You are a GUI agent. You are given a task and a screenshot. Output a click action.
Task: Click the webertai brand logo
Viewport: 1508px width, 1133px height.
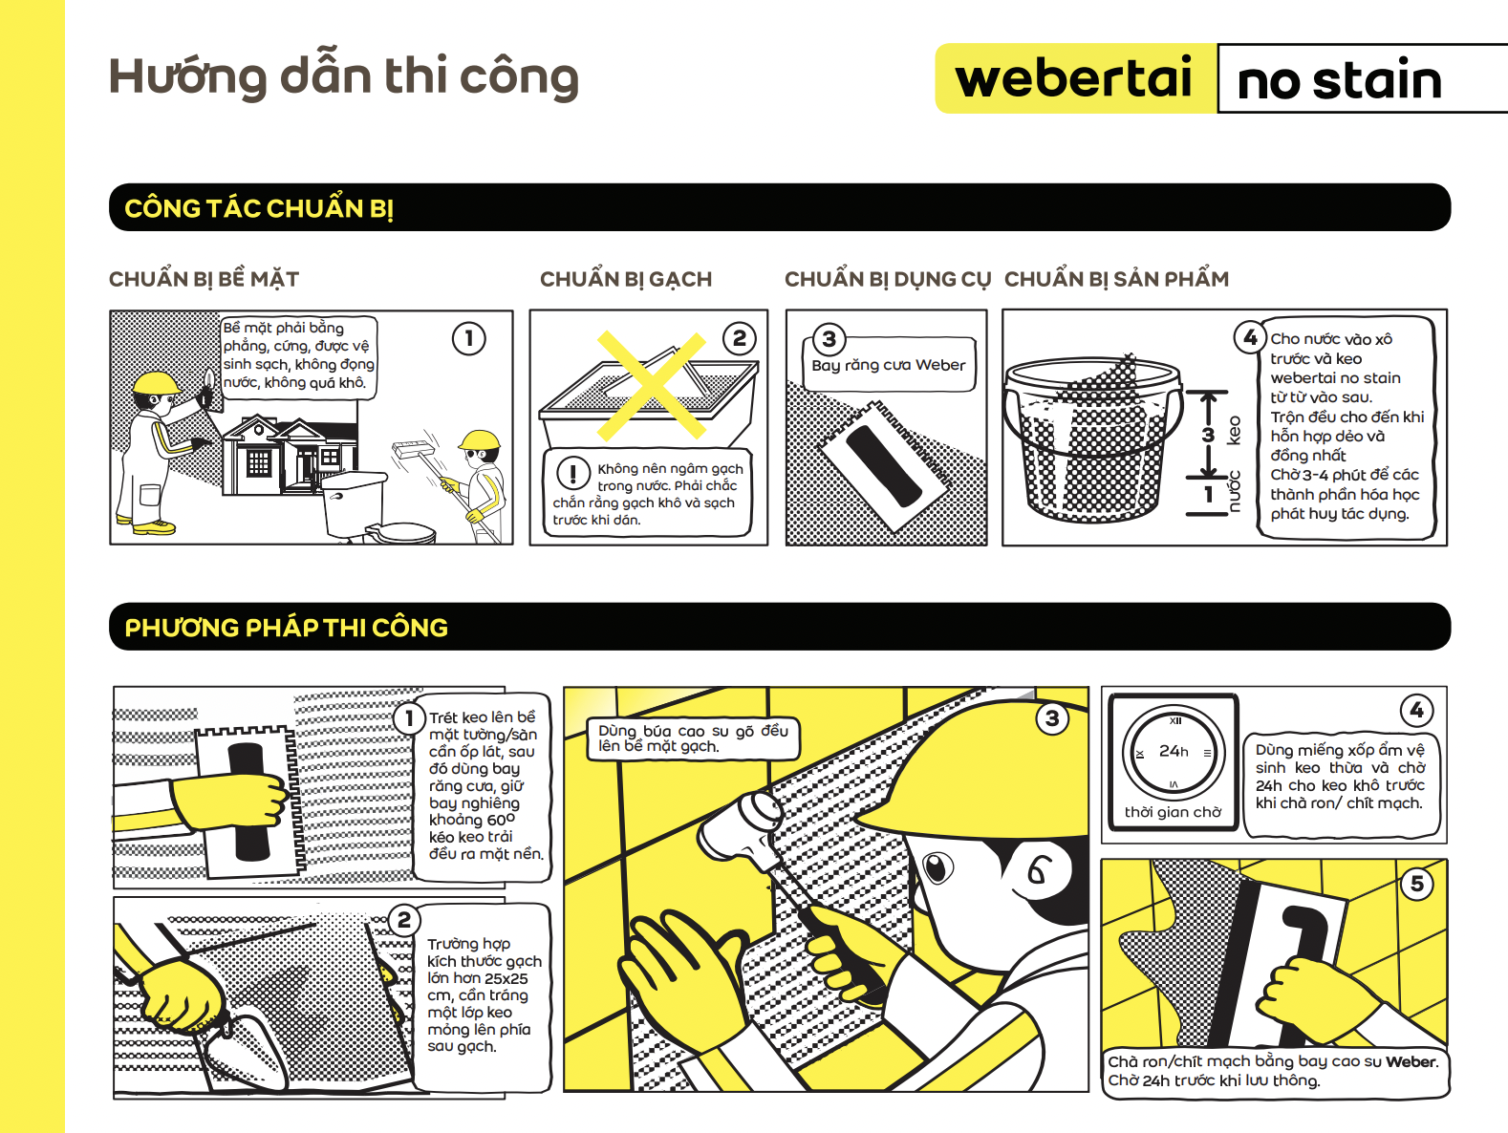point(1075,78)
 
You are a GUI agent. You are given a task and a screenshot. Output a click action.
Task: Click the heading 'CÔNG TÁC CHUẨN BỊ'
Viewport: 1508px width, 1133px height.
point(259,208)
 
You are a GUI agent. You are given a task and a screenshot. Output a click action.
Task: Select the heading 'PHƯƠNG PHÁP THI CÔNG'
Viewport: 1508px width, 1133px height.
point(286,628)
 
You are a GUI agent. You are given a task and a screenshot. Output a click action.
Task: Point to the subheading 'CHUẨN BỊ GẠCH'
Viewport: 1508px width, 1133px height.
point(626,279)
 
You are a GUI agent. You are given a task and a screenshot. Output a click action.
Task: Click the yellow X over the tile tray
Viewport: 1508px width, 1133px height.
point(652,385)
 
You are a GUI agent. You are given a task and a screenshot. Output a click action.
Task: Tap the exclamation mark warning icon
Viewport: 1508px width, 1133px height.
point(572,473)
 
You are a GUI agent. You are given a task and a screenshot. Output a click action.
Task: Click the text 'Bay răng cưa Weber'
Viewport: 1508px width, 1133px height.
point(889,365)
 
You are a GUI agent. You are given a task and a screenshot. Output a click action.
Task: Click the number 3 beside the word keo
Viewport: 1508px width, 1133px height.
point(1209,435)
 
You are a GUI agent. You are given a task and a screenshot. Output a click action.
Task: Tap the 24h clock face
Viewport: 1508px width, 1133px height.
point(1174,754)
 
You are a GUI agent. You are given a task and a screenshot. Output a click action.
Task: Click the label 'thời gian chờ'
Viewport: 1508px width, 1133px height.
point(1173,812)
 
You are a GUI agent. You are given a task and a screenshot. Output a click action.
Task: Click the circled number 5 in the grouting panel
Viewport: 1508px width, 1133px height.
point(1416,884)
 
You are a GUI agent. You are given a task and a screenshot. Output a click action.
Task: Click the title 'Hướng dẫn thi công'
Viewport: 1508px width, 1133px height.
point(343,76)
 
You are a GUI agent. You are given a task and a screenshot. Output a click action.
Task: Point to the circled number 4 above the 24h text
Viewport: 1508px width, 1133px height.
point(1416,710)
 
